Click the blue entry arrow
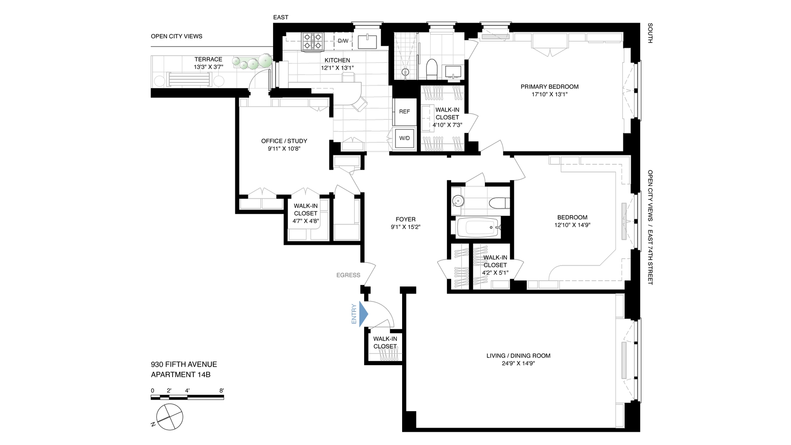[x=363, y=314]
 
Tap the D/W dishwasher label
[x=343, y=41]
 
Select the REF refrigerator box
[x=404, y=112]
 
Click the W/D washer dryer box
[x=404, y=138]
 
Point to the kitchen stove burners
[x=312, y=42]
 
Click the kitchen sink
[x=367, y=42]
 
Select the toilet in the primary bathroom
[x=431, y=69]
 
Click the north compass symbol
[x=169, y=417]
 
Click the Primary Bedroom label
[x=549, y=87]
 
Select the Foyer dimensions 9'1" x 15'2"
[x=405, y=227]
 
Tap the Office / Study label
[x=284, y=141]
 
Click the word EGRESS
[x=348, y=275]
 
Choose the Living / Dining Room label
[x=518, y=356]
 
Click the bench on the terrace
[x=190, y=79]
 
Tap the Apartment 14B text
[x=180, y=375]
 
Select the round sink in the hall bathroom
[x=458, y=201]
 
